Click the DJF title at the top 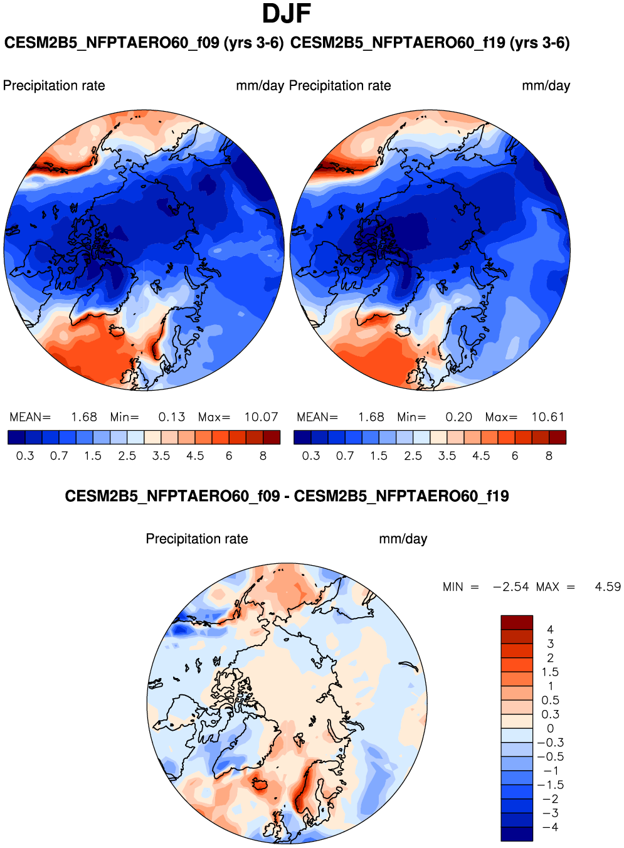coord(287,14)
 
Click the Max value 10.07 coord(261,417)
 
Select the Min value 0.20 coord(458,417)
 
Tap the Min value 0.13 coord(171,417)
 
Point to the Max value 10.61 coord(547,417)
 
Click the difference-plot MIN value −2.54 coord(510,587)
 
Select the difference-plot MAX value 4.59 coord(607,587)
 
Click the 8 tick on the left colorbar coord(263,456)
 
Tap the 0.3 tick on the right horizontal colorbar coord(311,456)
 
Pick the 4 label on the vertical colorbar coord(550,630)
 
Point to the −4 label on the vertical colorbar coord(550,827)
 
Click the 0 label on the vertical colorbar coord(550,729)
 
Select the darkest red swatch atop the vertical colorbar coord(516,622)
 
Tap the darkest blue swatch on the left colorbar coord(16,437)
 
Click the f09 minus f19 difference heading coord(287,497)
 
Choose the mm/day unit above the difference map coord(403,539)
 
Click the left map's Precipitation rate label coord(54,86)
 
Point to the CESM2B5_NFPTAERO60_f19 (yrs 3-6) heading coord(430,43)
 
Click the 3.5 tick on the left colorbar coord(161,456)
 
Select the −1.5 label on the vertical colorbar coord(550,785)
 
